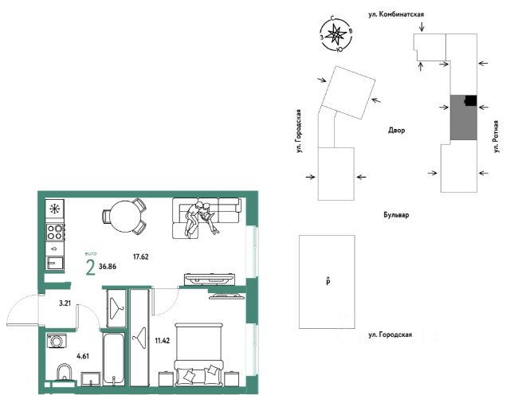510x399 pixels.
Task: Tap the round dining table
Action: click(x=122, y=217)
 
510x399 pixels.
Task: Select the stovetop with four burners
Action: click(x=55, y=233)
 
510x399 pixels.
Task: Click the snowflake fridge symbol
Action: click(x=55, y=209)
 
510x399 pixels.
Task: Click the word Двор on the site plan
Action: click(x=397, y=130)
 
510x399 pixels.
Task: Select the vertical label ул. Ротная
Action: click(x=495, y=135)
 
